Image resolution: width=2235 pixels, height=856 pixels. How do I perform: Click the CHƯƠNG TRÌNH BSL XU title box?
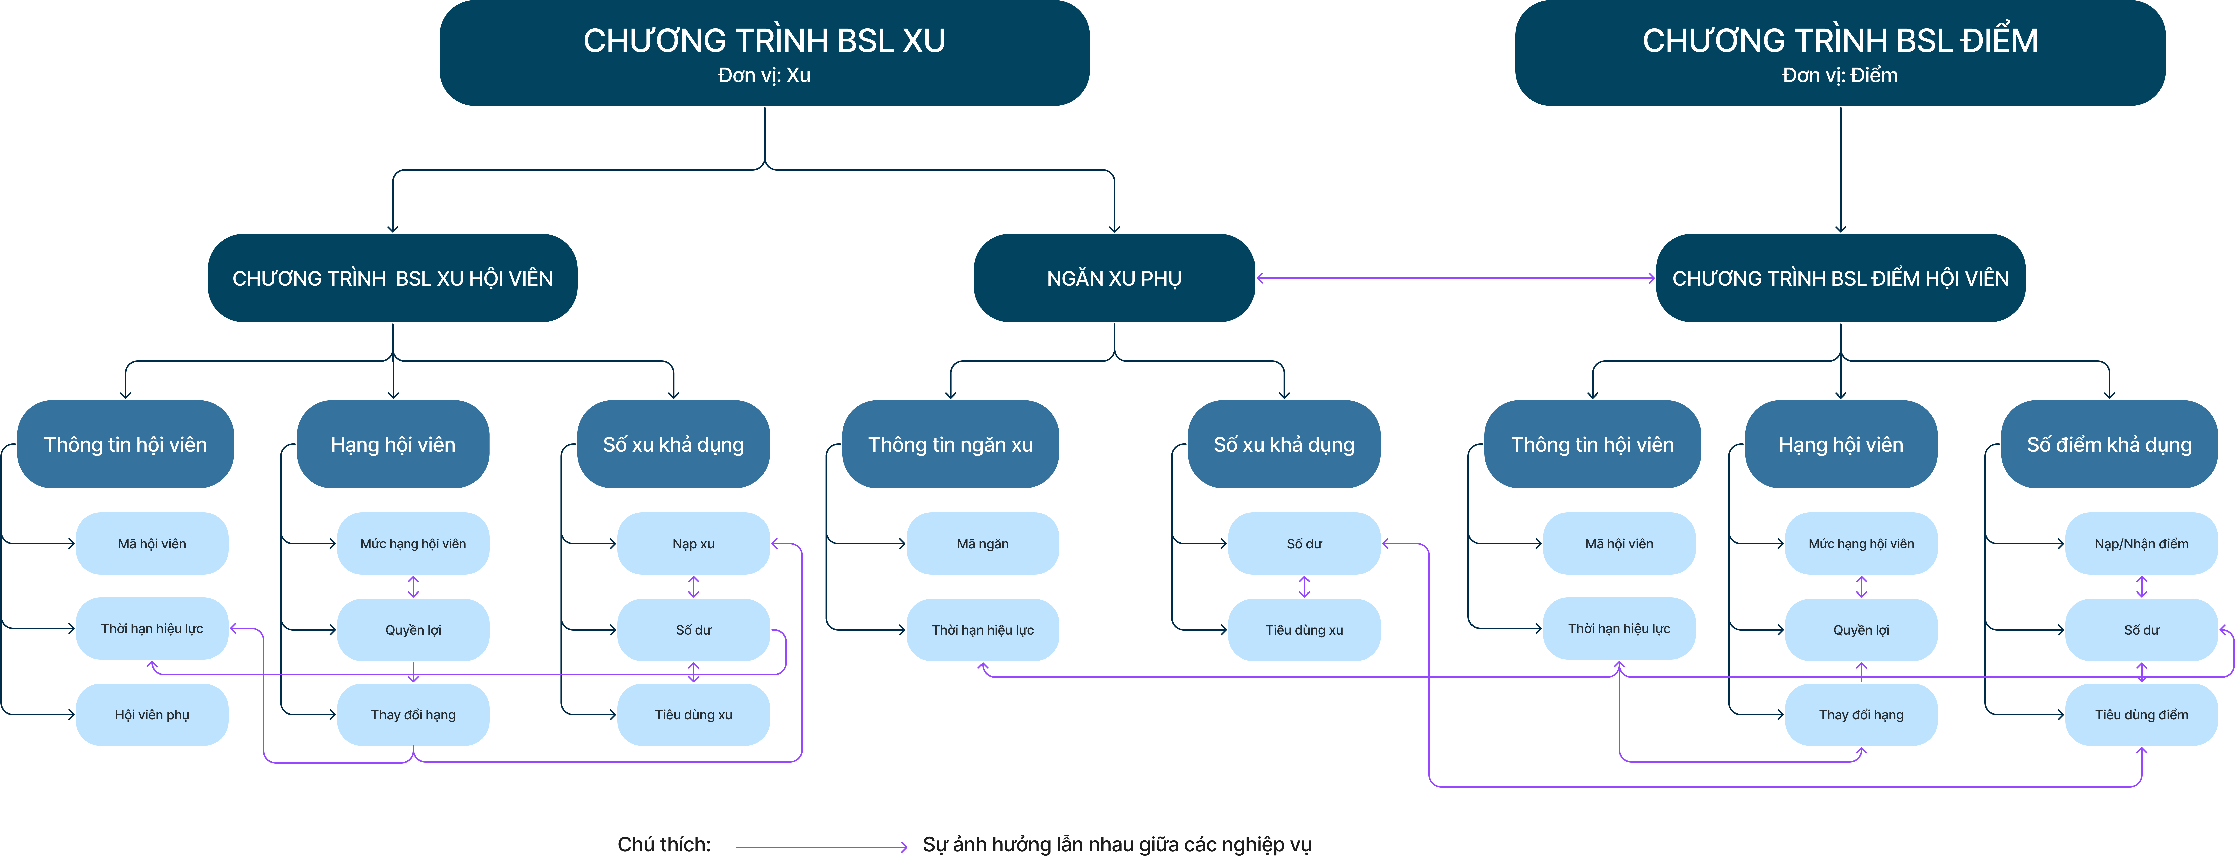pos(764,53)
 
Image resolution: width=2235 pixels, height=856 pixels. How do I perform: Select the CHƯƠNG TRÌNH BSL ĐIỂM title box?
pos(1840,53)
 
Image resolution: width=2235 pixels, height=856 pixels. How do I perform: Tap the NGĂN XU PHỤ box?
pos(1114,278)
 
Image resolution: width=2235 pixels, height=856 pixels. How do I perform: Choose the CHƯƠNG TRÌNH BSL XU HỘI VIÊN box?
pos(392,278)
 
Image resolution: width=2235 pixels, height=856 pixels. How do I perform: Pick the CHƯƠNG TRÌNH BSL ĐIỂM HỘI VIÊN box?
pos(1840,278)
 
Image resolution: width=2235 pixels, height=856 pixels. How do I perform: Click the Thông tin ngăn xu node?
pos(951,444)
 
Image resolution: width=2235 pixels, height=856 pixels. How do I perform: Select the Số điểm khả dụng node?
pos(2109,444)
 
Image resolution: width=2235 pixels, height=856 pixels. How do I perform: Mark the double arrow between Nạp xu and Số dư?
pos(693,586)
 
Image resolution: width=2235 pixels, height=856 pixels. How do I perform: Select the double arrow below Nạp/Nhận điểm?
pos(2141,586)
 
